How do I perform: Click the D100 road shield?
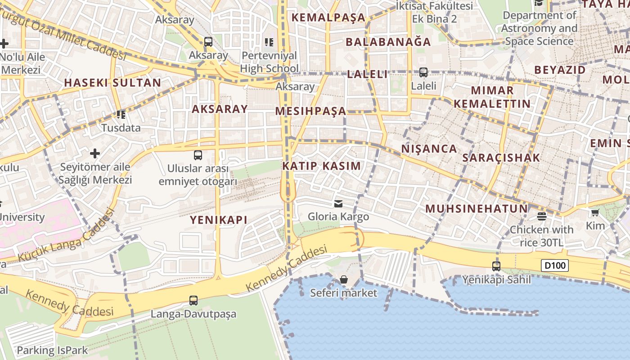click(x=555, y=265)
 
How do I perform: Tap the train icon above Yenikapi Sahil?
click(x=496, y=266)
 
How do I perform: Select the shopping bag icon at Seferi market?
click(x=344, y=279)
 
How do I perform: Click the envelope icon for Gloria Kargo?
click(x=338, y=204)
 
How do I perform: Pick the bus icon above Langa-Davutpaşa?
click(x=193, y=300)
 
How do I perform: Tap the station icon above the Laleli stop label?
click(x=423, y=72)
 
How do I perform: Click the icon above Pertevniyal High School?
click(x=269, y=42)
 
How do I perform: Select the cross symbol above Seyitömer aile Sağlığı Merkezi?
click(x=95, y=153)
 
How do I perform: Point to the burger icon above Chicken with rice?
click(x=542, y=216)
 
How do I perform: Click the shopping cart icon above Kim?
click(x=595, y=212)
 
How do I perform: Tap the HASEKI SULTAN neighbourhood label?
click(x=112, y=83)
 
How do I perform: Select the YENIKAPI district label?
click(x=219, y=220)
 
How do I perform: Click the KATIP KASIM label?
click(x=321, y=166)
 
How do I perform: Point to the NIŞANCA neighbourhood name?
click(x=429, y=148)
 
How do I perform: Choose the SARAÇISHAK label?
click(x=501, y=158)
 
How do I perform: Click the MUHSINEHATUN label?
click(x=477, y=209)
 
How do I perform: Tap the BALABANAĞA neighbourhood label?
click(x=388, y=42)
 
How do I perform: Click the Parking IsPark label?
click(x=52, y=350)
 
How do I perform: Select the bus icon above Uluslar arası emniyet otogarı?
click(x=198, y=155)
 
